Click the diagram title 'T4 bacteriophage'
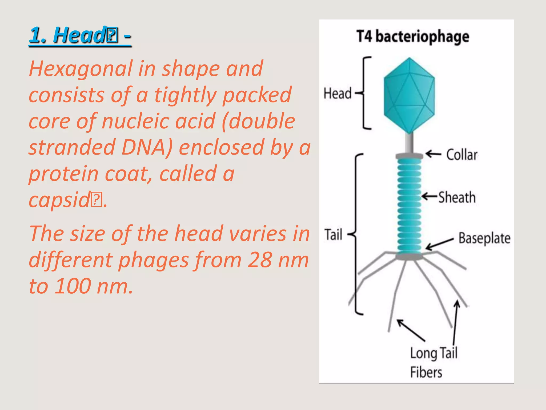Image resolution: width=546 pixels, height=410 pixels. (413, 37)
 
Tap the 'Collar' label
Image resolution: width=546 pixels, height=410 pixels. (462, 155)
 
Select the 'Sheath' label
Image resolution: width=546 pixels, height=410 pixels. (457, 197)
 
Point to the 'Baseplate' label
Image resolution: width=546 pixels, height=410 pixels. (484, 238)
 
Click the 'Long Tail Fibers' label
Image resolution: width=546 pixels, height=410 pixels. (433, 362)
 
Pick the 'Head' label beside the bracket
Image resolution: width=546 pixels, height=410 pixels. (338, 93)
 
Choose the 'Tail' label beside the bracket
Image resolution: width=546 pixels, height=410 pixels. (333, 235)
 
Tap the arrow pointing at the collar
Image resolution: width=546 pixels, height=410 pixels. (433, 154)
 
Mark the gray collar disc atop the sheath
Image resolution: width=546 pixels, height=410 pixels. (409, 156)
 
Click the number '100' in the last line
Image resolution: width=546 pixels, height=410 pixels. (73, 286)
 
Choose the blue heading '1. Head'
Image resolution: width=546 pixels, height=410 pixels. (80, 36)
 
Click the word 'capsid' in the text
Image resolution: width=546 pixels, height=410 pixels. (60, 200)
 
